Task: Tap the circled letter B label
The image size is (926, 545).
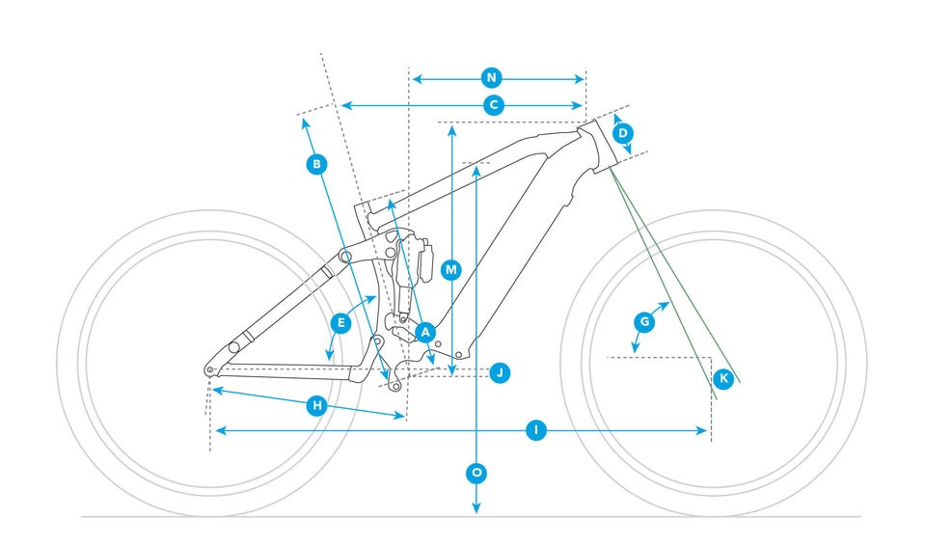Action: [x=315, y=165]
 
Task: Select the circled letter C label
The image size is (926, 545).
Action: [x=493, y=105]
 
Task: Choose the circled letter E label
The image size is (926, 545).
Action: [x=339, y=323]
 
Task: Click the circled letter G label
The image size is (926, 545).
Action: [x=645, y=320]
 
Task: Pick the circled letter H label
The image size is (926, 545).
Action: [x=316, y=406]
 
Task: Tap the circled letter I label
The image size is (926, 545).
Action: [x=537, y=430]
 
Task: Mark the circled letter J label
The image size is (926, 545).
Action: [x=499, y=372]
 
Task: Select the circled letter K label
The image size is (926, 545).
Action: [x=723, y=378]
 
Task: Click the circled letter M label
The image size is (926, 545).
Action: [x=450, y=270]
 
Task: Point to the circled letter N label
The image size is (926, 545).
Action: [x=491, y=77]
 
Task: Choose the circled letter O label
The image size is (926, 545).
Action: [x=477, y=473]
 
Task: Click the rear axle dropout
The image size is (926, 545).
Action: [x=209, y=370]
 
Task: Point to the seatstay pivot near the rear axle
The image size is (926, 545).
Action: [x=233, y=347]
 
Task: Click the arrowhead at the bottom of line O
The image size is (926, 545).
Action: [x=477, y=510]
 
